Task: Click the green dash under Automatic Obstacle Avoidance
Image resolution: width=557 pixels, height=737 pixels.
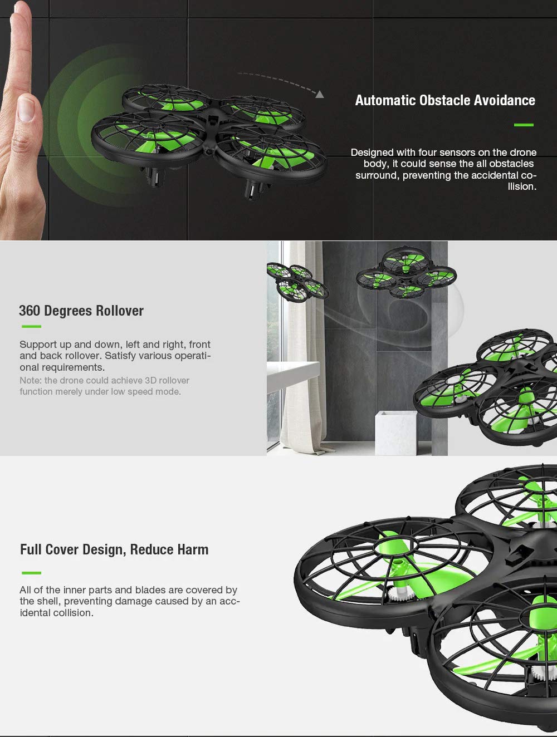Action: [x=524, y=125]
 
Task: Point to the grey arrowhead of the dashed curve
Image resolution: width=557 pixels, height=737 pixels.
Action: [x=320, y=94]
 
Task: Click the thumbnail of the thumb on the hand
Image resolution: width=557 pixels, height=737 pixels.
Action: [x=26, y=108]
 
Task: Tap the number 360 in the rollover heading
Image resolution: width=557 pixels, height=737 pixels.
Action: [x=29, y=311]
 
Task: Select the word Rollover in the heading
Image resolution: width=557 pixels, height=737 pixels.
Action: [x=120, y=311]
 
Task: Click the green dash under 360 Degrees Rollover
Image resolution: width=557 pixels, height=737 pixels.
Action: [x=31, y=326]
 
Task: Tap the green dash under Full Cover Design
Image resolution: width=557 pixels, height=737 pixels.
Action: [x=31, y=573]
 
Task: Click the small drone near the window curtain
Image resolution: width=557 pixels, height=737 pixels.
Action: [x=297, y=281]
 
